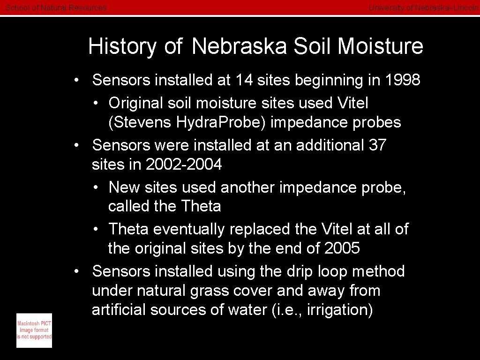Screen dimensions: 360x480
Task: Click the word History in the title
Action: click(x=122, y=46)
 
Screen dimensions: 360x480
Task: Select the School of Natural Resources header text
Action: click(x=56, y=7)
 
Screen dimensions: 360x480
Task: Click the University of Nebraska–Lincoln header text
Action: click(x=423, y=7)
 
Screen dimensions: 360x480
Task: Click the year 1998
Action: click(x=402, y=80)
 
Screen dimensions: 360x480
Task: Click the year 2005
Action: click(x=342, y=248)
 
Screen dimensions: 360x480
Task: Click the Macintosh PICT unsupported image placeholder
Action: click(x=34, y=330)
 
